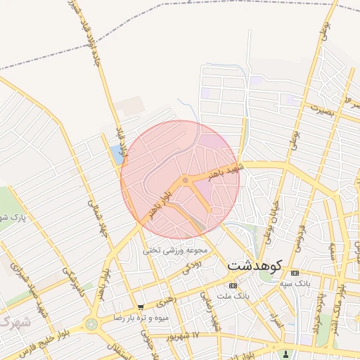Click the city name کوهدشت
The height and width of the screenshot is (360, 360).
pyautogui.click(x=254, y=266)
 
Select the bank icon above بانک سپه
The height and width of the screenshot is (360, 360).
pyautogui.click(x=294, y=273)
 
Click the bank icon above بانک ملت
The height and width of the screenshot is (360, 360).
pyautogui.click(x=233, y=285)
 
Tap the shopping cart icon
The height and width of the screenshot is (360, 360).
pyautogui.click(x=141, y=307)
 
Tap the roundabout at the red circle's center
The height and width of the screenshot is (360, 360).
pyautogui.click(x=185, y=181)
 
